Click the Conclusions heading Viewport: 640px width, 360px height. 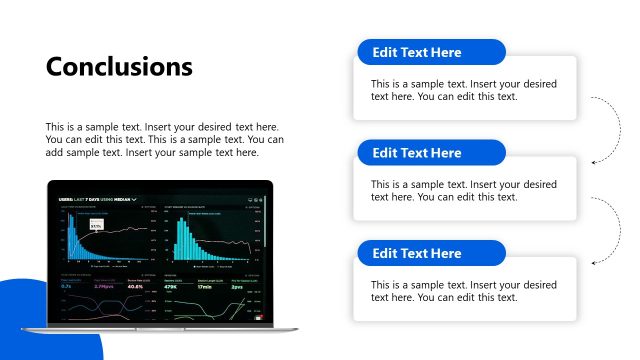119,67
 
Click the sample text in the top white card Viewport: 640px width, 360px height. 464,90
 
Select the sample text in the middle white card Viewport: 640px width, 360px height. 464,191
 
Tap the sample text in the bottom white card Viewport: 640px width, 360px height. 464,291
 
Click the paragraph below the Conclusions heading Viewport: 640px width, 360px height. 165,140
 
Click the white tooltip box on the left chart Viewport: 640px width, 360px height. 97,225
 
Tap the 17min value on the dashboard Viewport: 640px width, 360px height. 205,286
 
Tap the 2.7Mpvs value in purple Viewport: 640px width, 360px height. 102,286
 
